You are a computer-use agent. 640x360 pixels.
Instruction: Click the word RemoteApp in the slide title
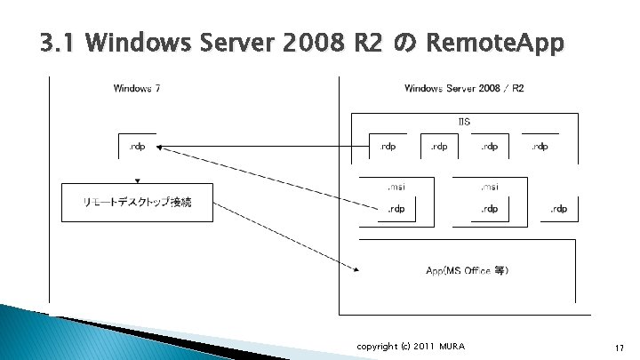495,42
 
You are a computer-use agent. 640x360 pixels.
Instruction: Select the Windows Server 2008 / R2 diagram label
463,87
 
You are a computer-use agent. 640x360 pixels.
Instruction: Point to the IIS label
464,121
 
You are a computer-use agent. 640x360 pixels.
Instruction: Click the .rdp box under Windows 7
137,147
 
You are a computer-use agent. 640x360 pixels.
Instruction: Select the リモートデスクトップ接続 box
137,203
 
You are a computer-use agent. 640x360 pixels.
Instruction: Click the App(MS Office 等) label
468,270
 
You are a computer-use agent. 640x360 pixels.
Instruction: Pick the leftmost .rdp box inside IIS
388,147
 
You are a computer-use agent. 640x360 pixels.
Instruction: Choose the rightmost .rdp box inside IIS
540,147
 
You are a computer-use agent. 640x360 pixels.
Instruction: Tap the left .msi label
396,187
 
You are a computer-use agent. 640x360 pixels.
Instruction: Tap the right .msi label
490,187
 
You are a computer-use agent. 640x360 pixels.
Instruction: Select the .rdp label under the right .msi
490,209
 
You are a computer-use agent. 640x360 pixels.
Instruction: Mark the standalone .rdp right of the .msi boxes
558,209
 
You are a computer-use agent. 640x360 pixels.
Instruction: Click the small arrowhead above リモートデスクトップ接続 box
137,180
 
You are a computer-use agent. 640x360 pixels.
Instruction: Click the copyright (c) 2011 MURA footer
410,345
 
